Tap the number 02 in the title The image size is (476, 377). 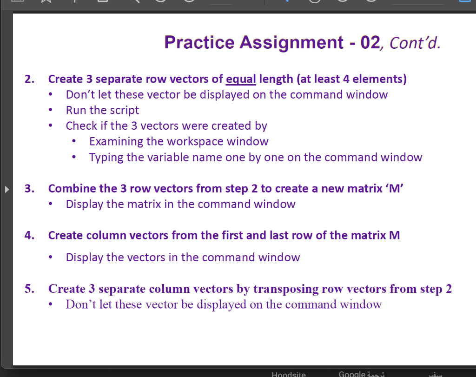click(x=370, y=42)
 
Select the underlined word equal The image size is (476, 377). click(x=241, y=79)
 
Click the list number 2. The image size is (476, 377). click(x=30, y=79)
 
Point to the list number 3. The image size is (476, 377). click(x=30, y=189)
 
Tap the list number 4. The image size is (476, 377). click(x=30, y=235)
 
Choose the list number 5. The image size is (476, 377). click(x=30, y=289)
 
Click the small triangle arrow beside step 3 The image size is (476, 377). click(x=7, y=189)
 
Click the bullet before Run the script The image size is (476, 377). click(x=55, y=111)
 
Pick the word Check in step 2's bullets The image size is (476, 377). click(x=80, y=126)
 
